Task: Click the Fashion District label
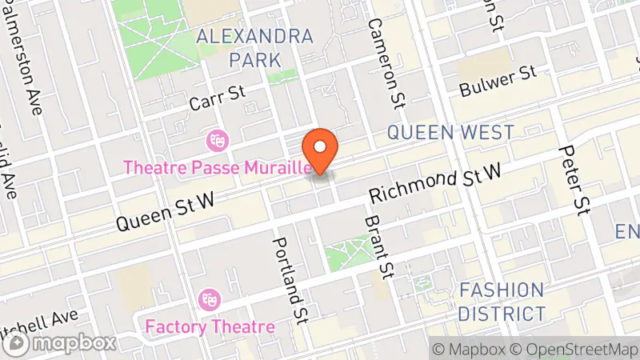pos(502,302)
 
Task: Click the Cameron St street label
pos(387,62)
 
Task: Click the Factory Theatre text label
pos(210,326)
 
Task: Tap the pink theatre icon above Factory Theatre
pos(211,300)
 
